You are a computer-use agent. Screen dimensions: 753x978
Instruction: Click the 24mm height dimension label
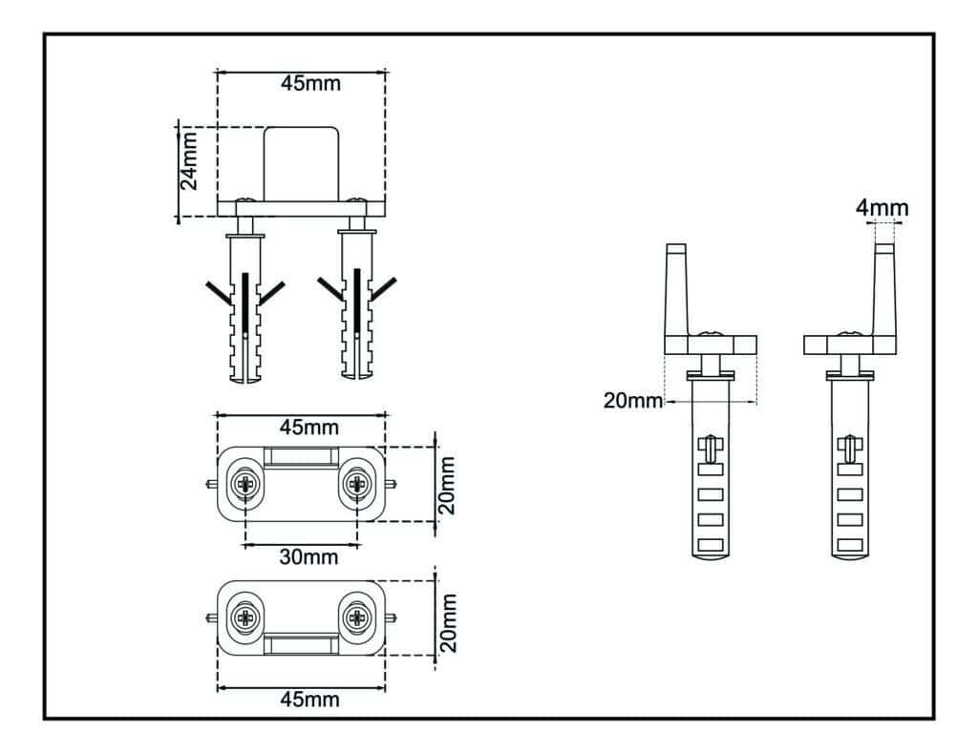(190, 160)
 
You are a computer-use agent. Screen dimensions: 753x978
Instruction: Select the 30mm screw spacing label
(308, 557)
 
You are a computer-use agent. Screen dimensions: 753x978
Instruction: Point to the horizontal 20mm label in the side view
(632, 401)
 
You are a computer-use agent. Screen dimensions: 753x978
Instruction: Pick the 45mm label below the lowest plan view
(308, 699)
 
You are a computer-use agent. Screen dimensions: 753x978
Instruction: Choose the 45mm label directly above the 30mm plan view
(308, 427)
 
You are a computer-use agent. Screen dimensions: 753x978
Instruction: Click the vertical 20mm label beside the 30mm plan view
(448, 484)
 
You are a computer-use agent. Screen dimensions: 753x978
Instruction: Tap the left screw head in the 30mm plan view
(244, 484)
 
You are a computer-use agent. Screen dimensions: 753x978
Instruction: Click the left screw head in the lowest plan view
(244, 617)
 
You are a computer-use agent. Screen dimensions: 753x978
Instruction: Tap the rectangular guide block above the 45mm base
(302, 163)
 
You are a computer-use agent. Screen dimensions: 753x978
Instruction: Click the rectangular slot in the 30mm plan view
(301, 456)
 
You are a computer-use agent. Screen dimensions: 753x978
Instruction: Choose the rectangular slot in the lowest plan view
(301, 644)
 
